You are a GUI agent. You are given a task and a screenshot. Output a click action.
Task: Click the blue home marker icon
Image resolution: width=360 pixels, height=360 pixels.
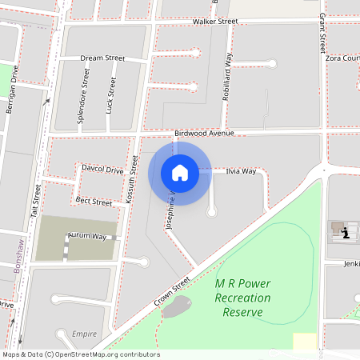coord(179,173)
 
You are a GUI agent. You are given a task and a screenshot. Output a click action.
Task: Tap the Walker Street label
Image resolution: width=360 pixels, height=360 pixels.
coord(215,22)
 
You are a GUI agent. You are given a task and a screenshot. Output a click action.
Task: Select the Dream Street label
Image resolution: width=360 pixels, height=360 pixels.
coord(102,58)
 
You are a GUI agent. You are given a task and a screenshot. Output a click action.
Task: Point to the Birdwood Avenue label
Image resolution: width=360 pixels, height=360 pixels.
coord(204,133)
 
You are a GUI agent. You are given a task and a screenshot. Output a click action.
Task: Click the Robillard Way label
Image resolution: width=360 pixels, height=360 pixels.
coord(227,77)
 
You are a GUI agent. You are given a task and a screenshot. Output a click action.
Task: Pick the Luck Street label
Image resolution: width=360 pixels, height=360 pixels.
coord(110,94)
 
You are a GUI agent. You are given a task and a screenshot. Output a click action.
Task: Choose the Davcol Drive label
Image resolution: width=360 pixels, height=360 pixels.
coord(102,170)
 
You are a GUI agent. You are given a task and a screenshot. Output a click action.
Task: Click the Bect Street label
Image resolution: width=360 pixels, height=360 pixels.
coord(94,202)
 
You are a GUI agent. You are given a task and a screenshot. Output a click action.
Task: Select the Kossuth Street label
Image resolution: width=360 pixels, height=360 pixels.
coord(133,180)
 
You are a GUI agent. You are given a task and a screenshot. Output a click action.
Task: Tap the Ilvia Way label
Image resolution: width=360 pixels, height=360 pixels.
coord(241,171)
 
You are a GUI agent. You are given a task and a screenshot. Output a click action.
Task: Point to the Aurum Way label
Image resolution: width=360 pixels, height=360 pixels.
coord(87,237)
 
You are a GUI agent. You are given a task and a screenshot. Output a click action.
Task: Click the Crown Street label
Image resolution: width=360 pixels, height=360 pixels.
coord(172,294)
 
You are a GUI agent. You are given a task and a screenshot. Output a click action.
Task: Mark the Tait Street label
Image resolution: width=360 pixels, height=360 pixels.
coord(35,199)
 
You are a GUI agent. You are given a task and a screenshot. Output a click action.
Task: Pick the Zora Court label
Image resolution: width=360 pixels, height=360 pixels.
coord(342,58)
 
